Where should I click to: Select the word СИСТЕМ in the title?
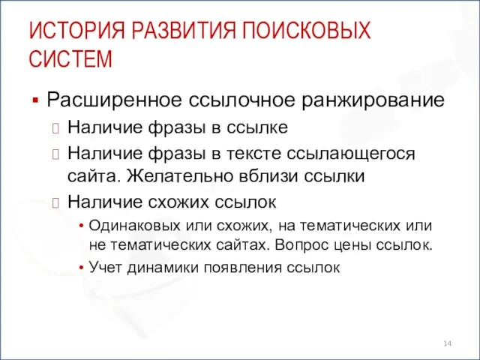pos(71,58)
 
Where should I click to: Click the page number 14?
pos(447,343)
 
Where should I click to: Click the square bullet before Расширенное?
pos(34,100)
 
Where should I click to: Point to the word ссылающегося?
pos(356,153)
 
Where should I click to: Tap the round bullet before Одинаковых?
pos(80,226)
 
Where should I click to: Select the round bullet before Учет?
pos(80,266)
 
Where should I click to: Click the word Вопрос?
pos(300,244)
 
